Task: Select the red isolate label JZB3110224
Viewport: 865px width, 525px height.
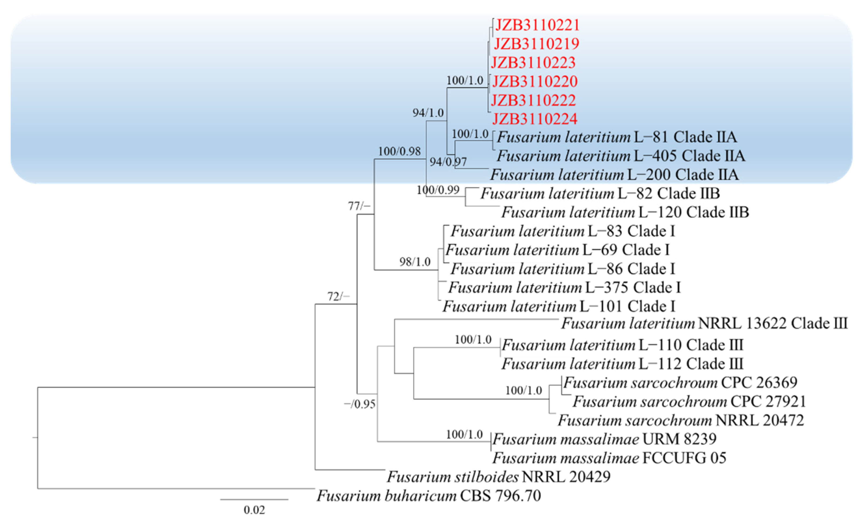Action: click(535, 119)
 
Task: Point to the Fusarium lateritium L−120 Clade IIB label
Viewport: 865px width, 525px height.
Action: click(625, 212)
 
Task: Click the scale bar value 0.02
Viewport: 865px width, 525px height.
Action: click(254, 510)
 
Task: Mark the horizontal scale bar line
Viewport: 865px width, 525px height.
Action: click(254, 499)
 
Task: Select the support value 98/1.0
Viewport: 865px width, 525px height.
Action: click(415, 262)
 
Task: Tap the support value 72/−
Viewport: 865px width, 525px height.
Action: click(338, 297)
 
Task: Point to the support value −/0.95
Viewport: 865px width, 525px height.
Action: click(359, 404)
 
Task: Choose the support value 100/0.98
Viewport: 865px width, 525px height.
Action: click(399, 151)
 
